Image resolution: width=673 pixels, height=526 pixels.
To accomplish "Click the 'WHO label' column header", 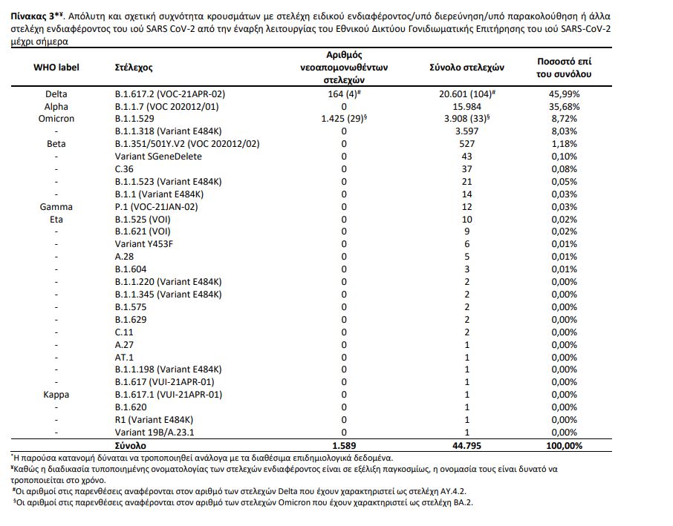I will click(56, 68).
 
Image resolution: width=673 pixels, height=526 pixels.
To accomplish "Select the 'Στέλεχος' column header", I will click(134, 68).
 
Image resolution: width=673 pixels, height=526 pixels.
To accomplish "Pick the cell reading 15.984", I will click(466, 106).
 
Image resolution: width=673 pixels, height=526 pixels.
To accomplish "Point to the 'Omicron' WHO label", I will click(56, 119).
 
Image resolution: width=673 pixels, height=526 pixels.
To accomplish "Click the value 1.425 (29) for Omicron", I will click(342, 119).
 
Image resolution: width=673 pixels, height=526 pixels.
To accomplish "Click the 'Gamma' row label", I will click(56, 206).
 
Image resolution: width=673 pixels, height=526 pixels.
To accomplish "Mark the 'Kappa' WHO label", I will click(56, 395).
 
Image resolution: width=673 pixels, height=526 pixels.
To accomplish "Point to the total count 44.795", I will click(466, 446).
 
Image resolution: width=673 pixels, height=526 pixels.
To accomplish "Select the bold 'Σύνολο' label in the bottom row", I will click(131, 446).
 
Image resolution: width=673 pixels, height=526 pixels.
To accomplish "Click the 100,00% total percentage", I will click(565, 446).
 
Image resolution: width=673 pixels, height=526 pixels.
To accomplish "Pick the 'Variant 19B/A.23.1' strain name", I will click(157, 433).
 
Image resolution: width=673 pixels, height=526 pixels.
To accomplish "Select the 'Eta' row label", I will click(56, 220).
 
